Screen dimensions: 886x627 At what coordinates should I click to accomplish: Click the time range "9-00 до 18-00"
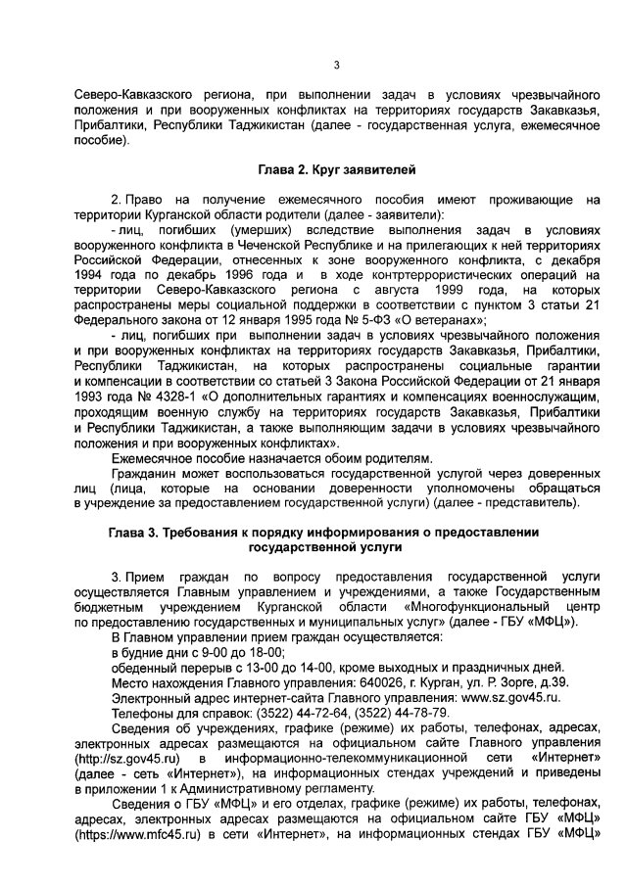(235, 652)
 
